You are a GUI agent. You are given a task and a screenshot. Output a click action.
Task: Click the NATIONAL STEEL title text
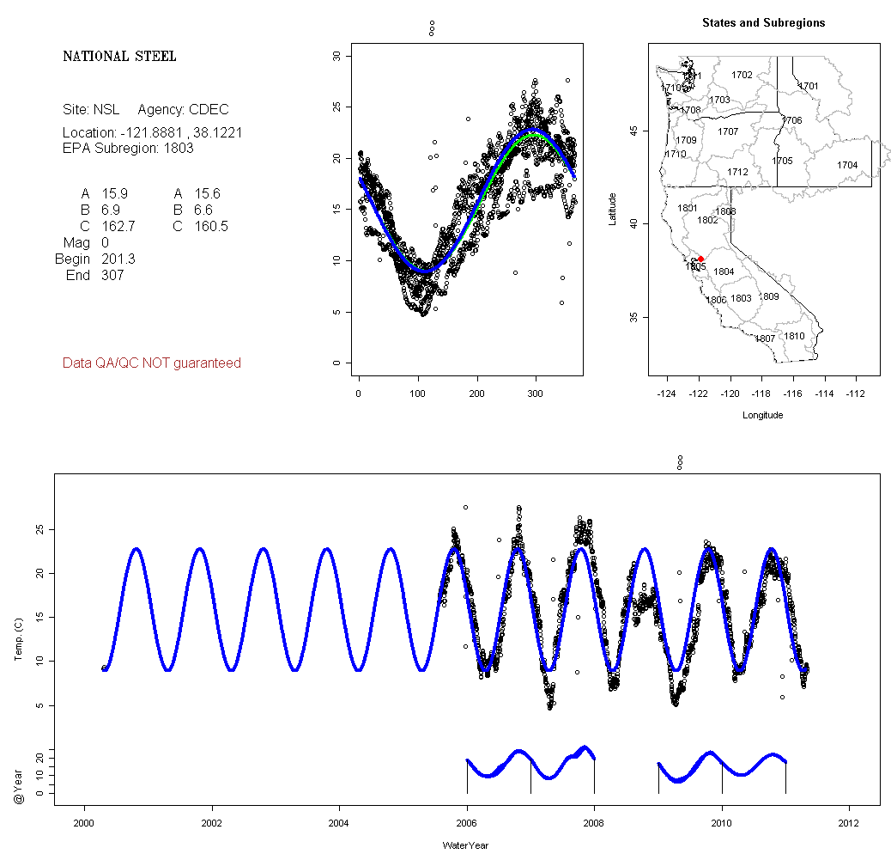[119, 57]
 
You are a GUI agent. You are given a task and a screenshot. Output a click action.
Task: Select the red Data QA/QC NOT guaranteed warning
[152, 363]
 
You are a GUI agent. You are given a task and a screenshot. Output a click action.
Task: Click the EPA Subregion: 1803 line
[128, 148]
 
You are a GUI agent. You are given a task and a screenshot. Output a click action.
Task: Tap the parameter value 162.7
[118, 226]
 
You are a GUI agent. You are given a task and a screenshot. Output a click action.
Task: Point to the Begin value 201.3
[118, 259]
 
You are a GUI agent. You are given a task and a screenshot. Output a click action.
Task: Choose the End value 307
[112, 275]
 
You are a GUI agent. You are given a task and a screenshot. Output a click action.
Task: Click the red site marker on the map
[701, 259]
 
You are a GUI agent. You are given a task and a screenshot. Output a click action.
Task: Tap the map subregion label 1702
[742, 76]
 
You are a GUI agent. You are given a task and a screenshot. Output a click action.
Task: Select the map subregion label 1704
[847, 165]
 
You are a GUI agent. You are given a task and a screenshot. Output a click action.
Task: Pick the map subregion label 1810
[795, 336]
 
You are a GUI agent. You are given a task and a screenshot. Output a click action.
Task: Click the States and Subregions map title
[763, 23]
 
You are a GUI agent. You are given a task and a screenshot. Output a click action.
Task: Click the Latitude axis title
[612, 210]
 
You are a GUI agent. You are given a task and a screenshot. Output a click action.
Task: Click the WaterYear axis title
[466, 845]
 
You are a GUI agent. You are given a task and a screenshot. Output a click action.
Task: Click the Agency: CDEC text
[183, 110]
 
